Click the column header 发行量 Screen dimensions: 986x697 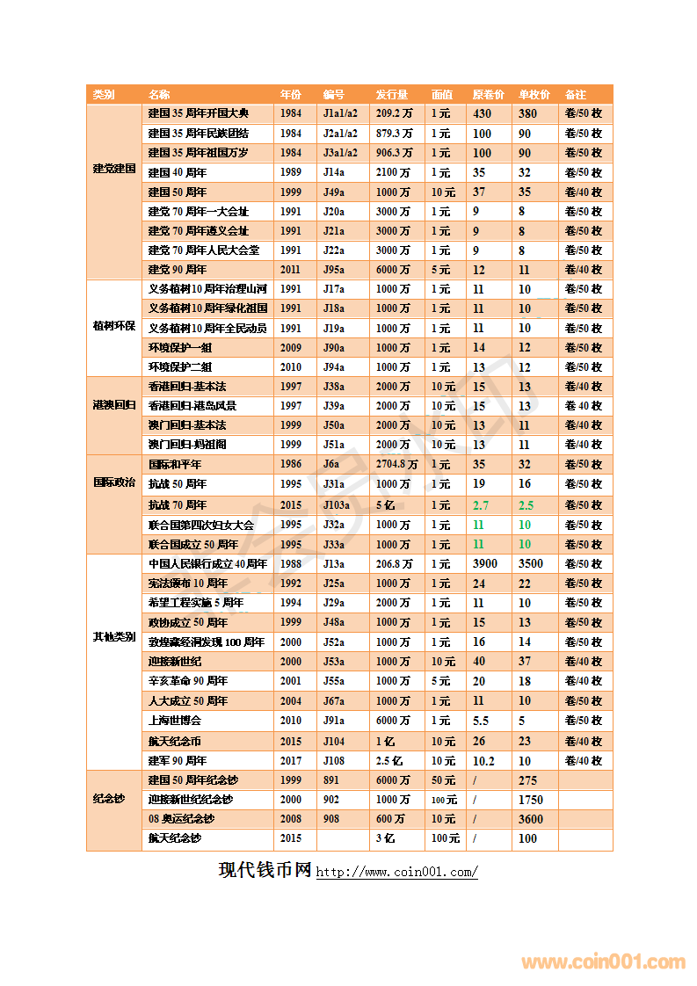point(391,94)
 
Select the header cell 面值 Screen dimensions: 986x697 point(441,94)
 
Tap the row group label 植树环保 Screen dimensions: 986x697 point(114,327)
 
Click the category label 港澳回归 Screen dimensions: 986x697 point(114,405)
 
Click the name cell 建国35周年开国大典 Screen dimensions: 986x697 point(198,113)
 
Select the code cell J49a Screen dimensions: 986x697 point(333,192)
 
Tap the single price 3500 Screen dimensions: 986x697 point(531,563)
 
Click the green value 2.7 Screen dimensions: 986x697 point(481,504)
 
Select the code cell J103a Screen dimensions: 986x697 point(336,504)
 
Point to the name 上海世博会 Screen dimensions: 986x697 point(174,721)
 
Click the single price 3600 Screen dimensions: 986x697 point(531,819)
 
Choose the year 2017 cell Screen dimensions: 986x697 point(291,761)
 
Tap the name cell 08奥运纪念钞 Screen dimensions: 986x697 point(180,819)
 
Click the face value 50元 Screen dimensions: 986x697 point(443,780)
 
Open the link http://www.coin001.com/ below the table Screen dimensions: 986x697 point(396,873)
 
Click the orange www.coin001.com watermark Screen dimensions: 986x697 point(603,962)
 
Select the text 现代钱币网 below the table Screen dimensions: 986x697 point(265,870)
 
